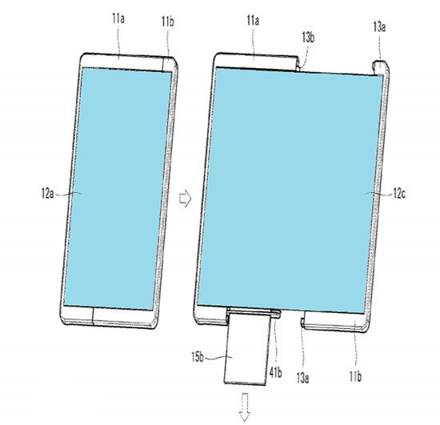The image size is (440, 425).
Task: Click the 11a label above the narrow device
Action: (x=118, y=18)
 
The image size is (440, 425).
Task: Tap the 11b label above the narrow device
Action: (x=168, y=22)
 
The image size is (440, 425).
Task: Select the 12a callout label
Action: (x=47, y=194)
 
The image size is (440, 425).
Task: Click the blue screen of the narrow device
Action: (x=118, y=190)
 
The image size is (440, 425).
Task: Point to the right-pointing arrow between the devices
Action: (x=186, y=198)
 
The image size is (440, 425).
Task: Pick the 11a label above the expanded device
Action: (x=253, y=21)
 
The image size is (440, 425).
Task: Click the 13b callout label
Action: (x=308, y=38)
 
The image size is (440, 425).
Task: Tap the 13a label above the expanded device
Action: (x=379, y=27)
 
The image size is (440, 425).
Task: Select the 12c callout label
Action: (x=399, y=194)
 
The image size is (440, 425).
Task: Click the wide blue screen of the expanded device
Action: (x=290, y=190)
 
